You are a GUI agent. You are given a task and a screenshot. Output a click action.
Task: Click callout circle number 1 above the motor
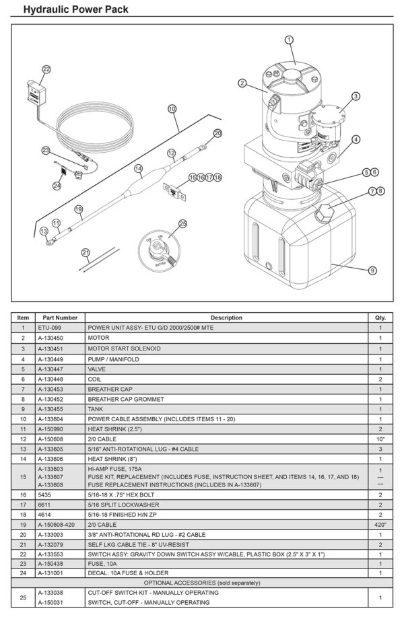[290, 40]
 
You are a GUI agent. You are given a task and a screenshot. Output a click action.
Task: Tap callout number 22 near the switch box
[46, 69]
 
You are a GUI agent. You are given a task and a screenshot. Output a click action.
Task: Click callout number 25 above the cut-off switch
[182, 223]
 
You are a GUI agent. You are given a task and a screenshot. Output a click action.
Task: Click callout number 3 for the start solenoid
[356, 96]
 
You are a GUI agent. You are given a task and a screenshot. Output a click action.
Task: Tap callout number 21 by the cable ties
[86, 252]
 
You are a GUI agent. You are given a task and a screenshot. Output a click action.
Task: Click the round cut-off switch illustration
[157, 251]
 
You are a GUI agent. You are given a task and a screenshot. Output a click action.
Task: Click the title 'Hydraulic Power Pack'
[75, 9]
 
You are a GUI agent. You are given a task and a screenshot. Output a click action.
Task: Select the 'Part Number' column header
[60, 318]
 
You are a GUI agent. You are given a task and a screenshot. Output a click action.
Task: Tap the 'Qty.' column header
[380, 318]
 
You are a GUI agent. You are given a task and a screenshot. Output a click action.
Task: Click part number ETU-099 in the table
[49, 328]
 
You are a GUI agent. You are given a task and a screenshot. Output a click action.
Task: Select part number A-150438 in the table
[54, 563]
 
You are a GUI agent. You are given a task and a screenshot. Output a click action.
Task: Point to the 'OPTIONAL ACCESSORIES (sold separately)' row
[202, 583]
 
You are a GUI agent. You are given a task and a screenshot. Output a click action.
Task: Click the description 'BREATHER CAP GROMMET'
[121, 398]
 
